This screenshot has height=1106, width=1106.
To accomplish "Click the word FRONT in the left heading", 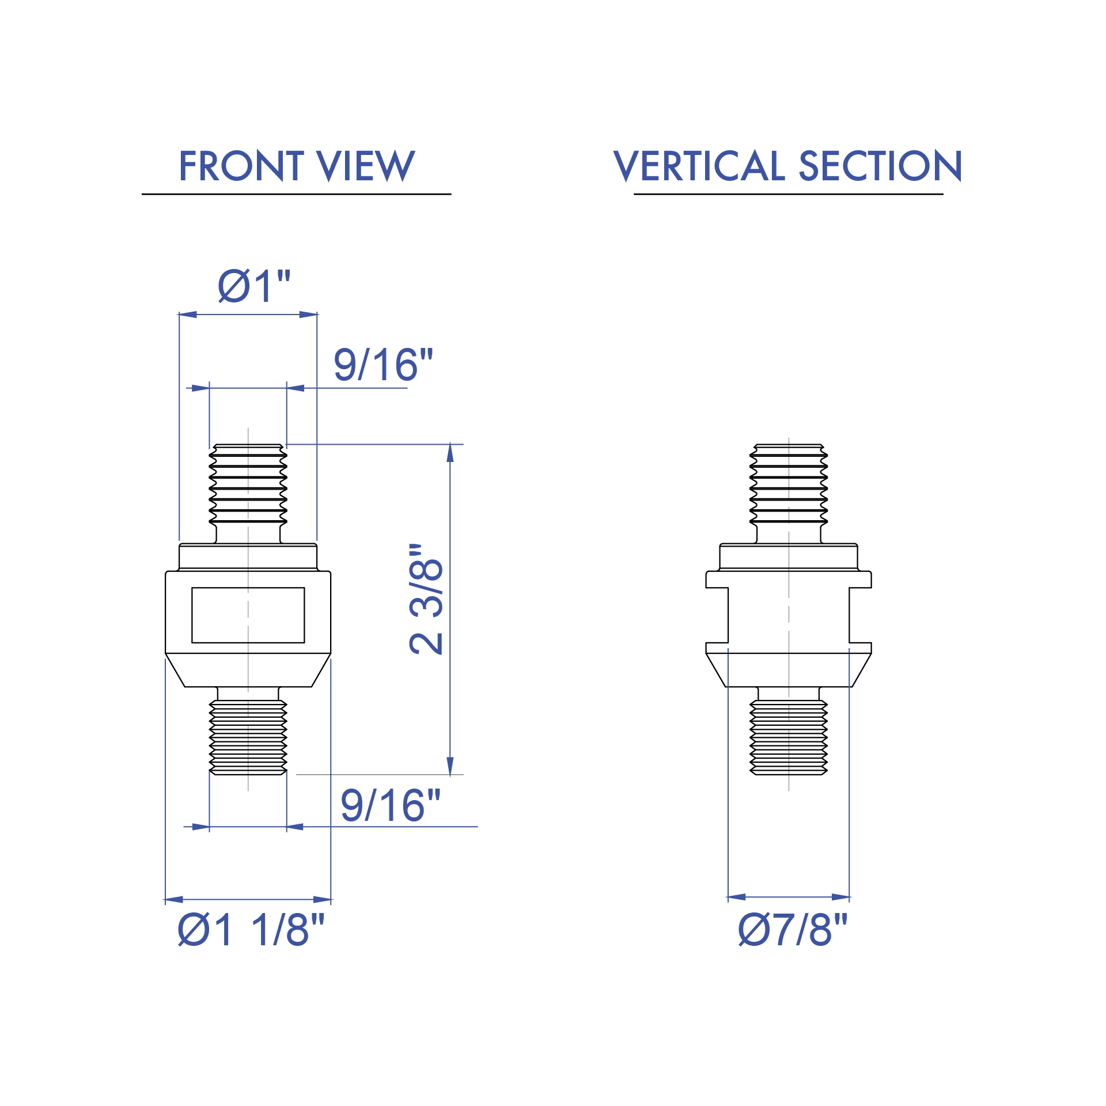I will tap(241, 166).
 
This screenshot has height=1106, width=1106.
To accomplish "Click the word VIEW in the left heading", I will tap(366, 166).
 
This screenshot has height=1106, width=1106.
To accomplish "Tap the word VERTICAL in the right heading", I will tap(699, 166).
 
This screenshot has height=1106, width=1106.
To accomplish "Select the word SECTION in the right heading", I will tap(880, 166).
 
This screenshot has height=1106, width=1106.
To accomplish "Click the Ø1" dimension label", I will tap(254, 286).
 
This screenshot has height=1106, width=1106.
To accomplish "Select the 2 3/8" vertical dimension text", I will tap(426, 600).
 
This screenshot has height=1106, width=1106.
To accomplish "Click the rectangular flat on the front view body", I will tap(248, 615).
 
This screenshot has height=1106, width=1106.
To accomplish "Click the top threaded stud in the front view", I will tap(248, 484).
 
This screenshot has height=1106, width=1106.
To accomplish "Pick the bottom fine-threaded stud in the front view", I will tap(248, 737).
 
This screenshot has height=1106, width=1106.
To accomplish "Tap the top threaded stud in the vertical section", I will tap(789, 484).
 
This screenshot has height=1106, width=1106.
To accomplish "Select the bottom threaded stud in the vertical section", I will tap(789, 737).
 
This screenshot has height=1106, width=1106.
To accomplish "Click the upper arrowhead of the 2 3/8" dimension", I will tap(450, 453).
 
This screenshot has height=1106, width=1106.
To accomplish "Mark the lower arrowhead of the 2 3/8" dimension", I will tap(450, 766).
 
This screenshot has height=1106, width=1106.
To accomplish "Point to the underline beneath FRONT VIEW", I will tap(296, 194).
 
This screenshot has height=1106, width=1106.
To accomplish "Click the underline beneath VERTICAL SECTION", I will tap(788, 194).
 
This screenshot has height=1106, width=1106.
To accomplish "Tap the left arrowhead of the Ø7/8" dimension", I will tap(737, 897).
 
